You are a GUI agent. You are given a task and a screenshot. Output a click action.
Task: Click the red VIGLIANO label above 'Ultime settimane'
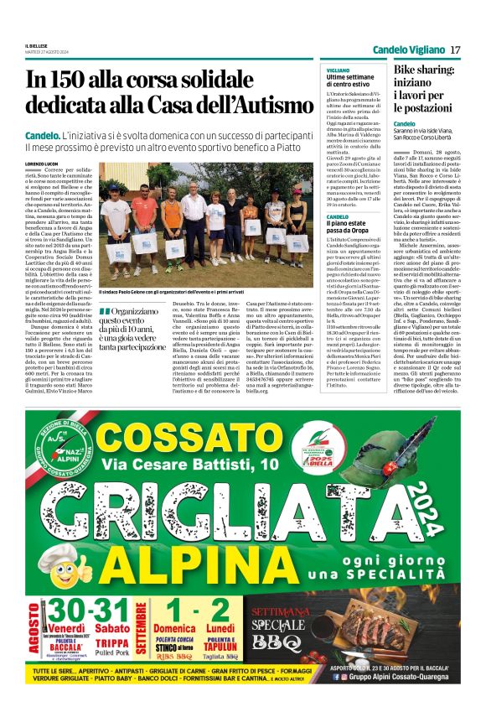339,70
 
